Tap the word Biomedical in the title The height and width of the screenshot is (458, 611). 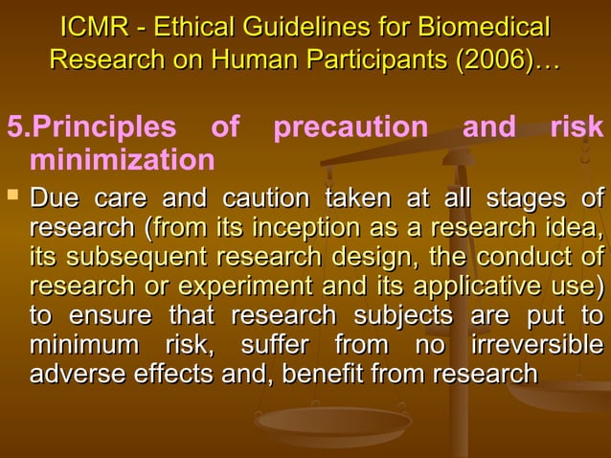pyautogui.click(x=488, y=27)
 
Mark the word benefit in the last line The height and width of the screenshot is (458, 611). pyautogui.click(x=320, y=374)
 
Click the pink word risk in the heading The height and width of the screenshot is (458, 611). pyautogui.click(x=577, y=126)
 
